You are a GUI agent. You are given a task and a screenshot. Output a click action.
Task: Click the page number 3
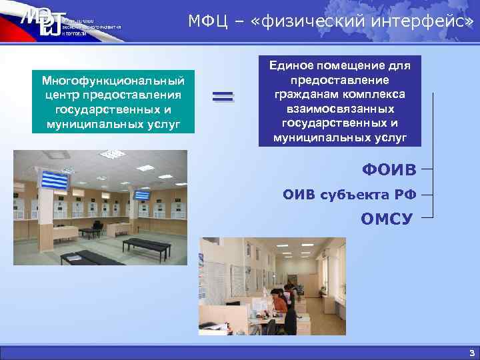tap(471, 353)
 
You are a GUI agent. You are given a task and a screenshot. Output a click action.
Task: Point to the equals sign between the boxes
tap(223, 97)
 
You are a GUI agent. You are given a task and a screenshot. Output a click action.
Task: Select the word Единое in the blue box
tap(295, 65)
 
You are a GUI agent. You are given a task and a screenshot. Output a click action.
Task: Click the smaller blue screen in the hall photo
tap(142, 195)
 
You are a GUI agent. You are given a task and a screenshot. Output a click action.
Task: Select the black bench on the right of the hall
tap(147, 245)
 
